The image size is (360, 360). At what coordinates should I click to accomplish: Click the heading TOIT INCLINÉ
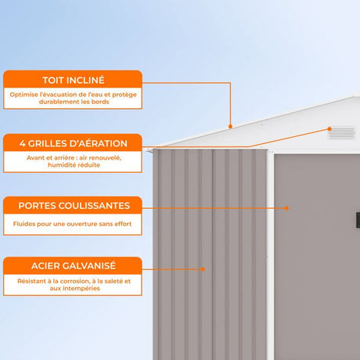[74, 80]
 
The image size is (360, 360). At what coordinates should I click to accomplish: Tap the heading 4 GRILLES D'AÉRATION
[74, 143]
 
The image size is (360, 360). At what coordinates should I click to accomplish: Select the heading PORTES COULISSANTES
[74, 206]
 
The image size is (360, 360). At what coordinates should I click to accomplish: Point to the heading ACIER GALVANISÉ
[74, 265]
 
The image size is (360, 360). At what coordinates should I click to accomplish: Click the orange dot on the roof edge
[230, 127]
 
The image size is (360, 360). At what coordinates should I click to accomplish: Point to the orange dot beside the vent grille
[329, 129]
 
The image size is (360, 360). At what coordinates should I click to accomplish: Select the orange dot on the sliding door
[286, 208]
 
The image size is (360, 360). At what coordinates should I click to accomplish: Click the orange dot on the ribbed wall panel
[203, 269]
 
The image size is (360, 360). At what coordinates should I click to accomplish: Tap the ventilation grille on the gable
[342, 132]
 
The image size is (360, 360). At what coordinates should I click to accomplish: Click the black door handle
[358, 220]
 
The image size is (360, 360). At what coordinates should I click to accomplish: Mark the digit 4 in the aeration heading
[23, 143]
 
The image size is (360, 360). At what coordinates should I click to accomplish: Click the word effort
[123, 224]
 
